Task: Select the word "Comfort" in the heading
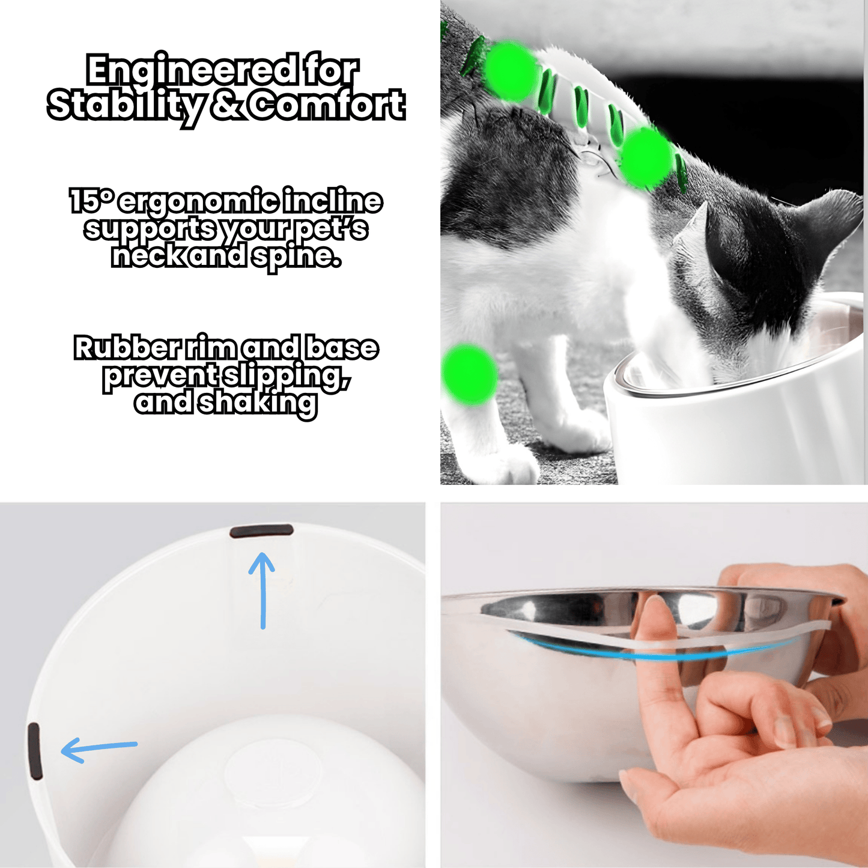tap(327, 105)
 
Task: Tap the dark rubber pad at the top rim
tap(261, 531)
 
